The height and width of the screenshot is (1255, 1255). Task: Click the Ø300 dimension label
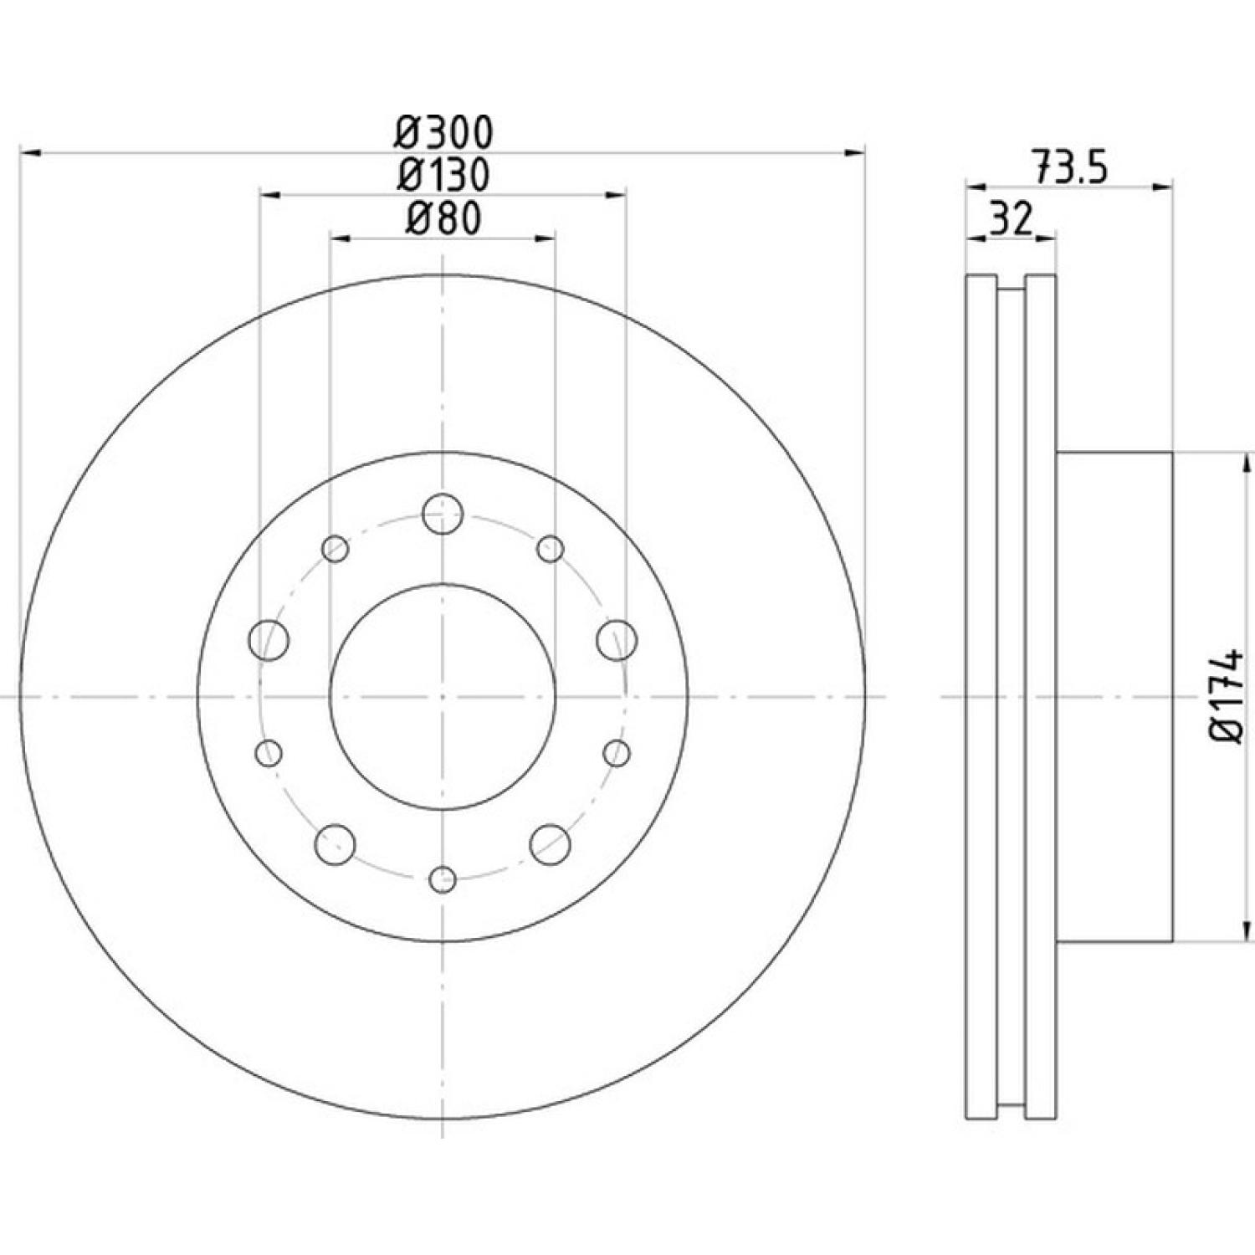444,132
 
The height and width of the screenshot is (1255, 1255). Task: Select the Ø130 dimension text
444,175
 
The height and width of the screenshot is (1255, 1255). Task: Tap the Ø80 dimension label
443,218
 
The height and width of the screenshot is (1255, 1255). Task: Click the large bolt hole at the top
443,515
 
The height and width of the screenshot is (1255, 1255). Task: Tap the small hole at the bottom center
443,878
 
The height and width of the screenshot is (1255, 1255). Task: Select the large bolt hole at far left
269,641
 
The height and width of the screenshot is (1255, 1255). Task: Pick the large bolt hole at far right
617,641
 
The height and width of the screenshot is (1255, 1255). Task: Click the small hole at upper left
336,549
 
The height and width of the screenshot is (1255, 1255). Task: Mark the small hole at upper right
551,549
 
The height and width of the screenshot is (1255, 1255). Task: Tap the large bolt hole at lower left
336,844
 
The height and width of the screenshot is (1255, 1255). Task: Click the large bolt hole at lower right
551,844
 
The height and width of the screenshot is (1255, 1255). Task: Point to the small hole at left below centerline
269,753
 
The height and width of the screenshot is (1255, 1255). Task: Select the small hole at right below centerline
617,753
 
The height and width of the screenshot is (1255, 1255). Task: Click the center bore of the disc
443,696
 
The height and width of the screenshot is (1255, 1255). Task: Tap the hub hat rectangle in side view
1114,696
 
